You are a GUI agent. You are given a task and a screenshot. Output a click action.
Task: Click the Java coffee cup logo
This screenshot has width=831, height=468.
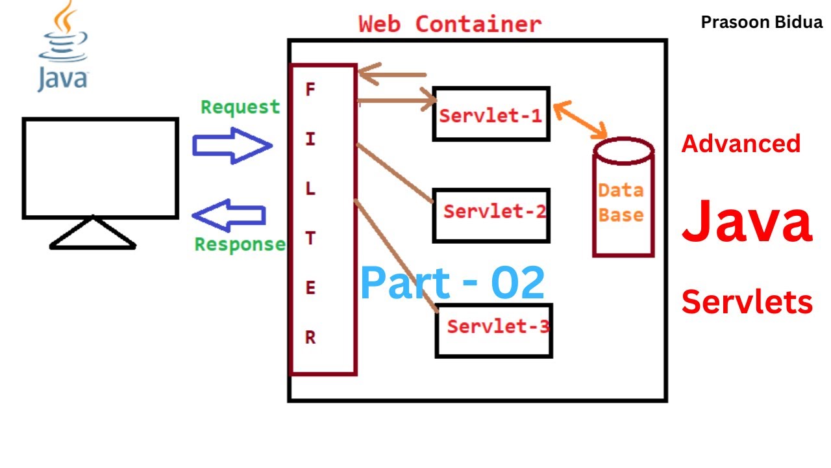click(62, 45)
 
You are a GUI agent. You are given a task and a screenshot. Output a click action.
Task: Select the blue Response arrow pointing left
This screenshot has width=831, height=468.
click(229, 215)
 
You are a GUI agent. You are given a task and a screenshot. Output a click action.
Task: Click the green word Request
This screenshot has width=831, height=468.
click(240, 107)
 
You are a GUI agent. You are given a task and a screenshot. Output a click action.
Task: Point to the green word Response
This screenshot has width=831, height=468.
click(240, 244)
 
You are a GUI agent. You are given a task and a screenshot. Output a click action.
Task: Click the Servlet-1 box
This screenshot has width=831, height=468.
click(491, 114)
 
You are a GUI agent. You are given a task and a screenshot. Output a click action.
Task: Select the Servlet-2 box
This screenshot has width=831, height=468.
click(491, 215)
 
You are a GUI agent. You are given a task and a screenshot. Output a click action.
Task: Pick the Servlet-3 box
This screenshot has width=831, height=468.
click(493, 330)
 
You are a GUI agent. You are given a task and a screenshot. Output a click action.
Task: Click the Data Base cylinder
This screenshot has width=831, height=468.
click(623, 198)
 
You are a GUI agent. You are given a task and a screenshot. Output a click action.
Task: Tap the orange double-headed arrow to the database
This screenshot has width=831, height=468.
click(580, 121)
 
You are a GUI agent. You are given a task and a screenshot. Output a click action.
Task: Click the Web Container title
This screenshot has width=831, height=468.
click(450, 24)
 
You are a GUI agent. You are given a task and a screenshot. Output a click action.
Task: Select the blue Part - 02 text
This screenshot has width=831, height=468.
click(453, 283)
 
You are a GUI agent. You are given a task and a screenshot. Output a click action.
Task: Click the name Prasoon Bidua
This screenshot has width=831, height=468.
click(762, 23)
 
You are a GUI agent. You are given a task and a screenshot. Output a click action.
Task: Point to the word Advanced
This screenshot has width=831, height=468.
click(741, 144)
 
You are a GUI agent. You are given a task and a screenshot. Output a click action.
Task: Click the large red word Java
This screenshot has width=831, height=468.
click(747, 222)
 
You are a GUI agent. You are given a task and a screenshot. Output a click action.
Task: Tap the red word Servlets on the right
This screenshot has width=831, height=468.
click(747, 302)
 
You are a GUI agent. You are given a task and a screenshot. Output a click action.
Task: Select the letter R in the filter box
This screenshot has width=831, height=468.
click(310, 338)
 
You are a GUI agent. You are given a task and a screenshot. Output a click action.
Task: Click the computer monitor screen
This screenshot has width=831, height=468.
click(101, 168)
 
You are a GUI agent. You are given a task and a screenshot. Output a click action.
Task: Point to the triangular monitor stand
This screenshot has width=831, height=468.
click(93, 235)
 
